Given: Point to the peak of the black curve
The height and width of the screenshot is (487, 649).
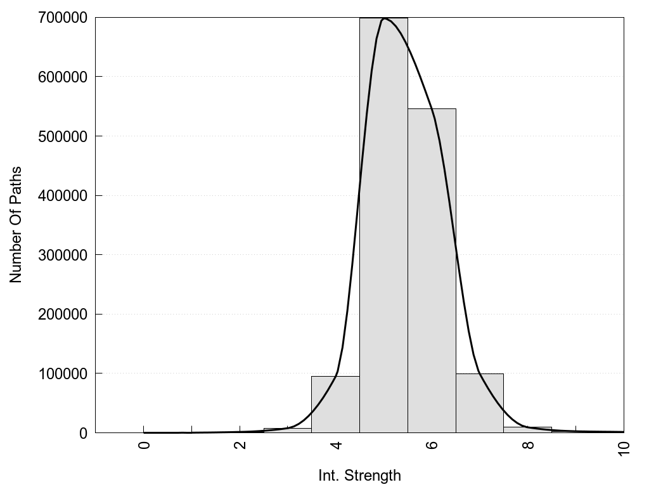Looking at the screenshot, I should pos(384,18).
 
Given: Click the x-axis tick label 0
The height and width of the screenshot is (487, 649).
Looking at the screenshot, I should pos(145,445).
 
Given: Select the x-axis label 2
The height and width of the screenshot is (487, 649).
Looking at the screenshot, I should pos(240,445).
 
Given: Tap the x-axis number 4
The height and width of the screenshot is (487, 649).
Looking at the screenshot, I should pos(336,445).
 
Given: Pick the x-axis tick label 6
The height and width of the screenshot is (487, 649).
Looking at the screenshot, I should pos(432,445).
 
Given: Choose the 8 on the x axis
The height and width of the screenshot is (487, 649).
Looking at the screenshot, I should pos(528,445).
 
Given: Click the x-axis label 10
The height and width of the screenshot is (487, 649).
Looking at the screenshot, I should pos(624,448).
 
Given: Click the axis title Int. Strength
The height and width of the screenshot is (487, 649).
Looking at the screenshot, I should pos(359,476).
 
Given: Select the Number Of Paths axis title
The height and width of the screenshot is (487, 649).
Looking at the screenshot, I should pos(16,224).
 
